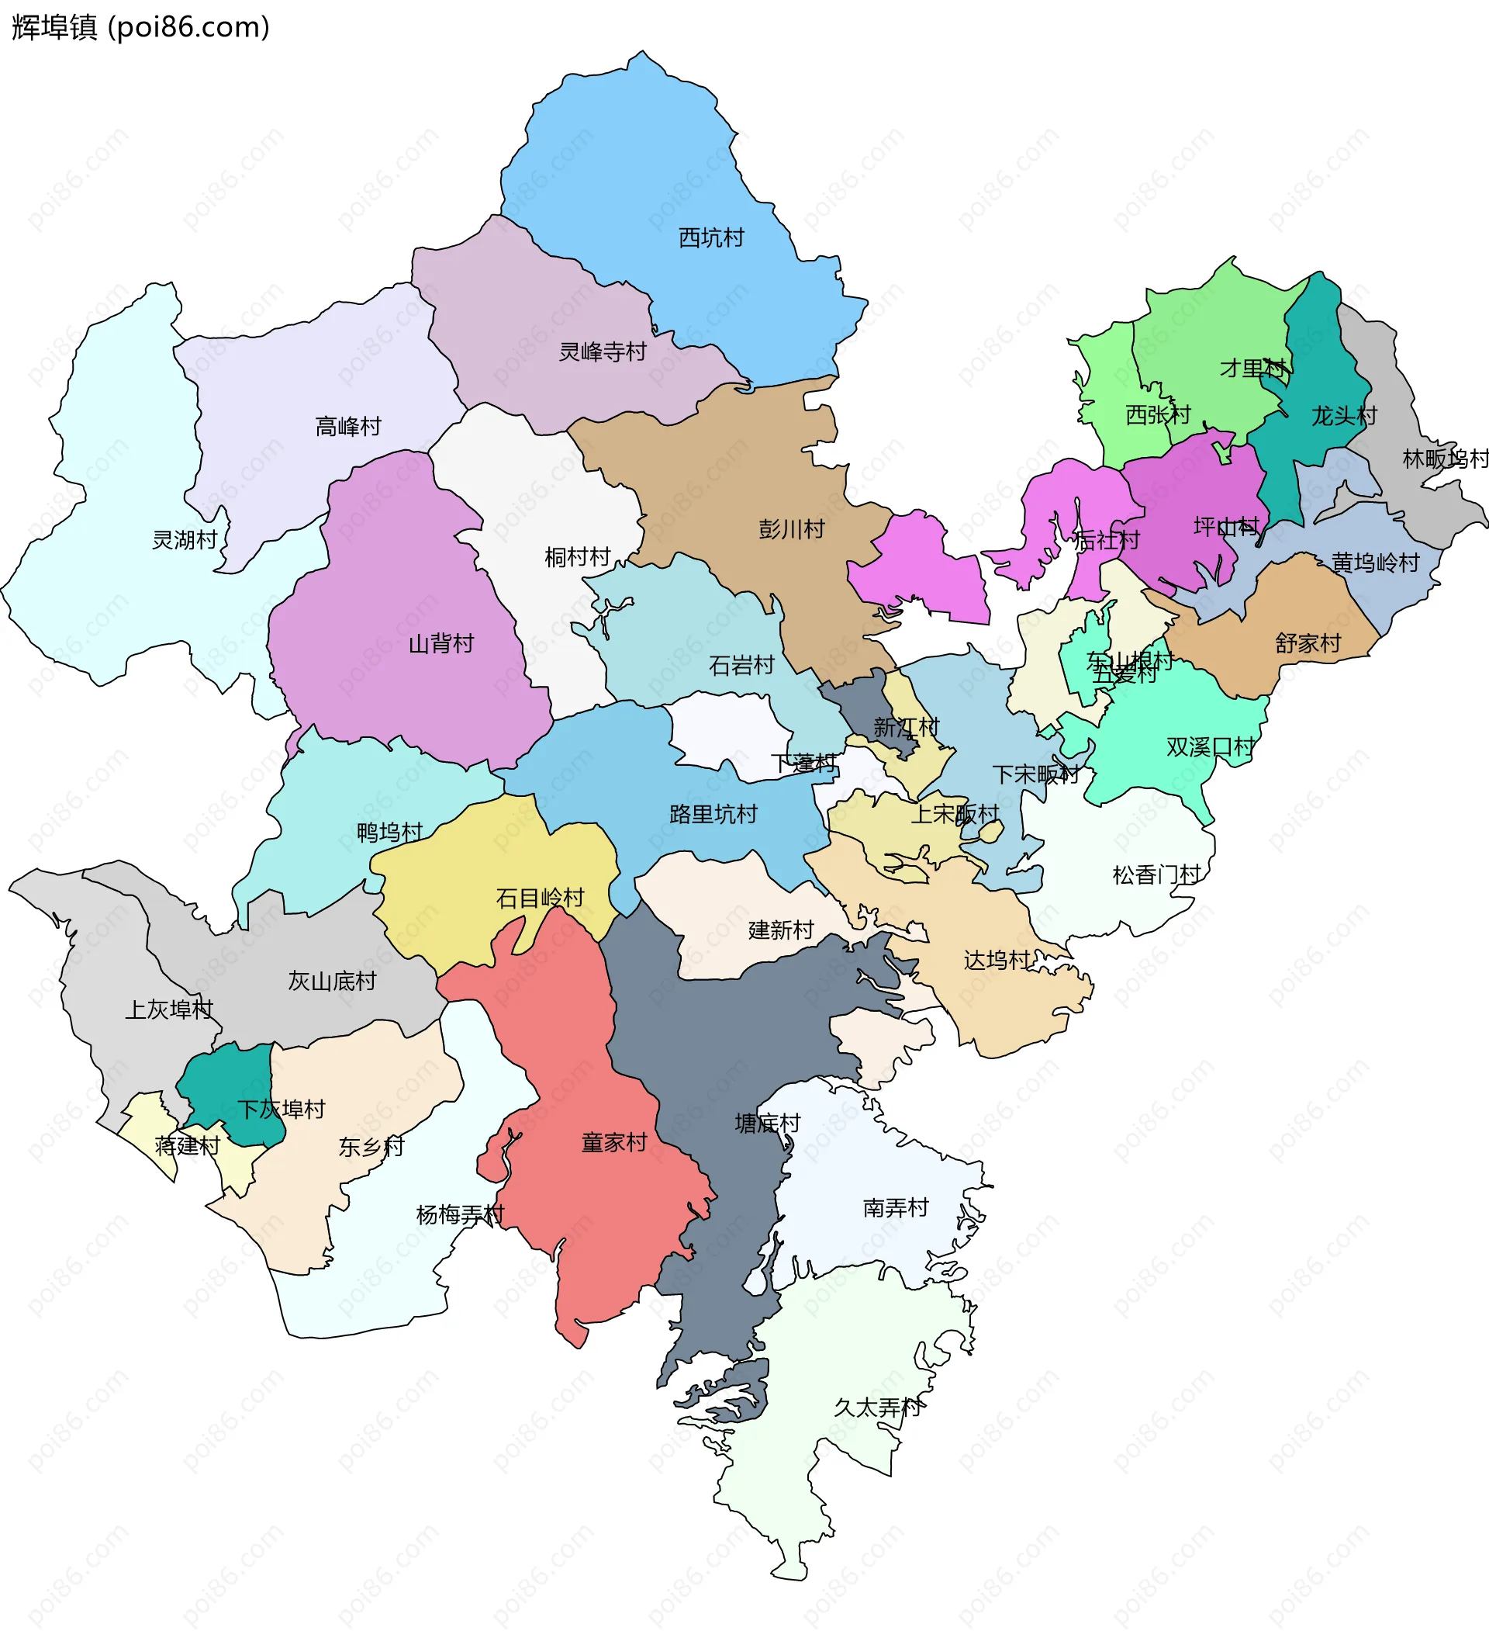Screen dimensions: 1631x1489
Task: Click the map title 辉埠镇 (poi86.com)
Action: click(x=140, y=27)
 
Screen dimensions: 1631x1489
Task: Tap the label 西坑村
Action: click(x=711, y=238)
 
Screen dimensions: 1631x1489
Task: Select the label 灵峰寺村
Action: click(x=603, y=352)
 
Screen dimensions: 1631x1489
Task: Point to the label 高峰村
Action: click(x=347, y=426)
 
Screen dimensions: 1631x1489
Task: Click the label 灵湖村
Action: click(x=185, y=539)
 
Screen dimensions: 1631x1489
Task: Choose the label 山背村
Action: click(x=440, y=644)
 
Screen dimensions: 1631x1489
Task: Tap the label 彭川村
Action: click(x=791, y=529)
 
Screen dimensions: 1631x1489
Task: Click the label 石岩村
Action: click(x=741, y=665)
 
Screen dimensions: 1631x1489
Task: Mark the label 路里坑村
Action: click(x=713, y=814)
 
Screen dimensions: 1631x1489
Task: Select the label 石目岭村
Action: click(x=540, y=898)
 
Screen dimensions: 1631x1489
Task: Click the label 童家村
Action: click(x=614, y=1142)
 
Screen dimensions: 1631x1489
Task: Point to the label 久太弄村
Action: click(x=878, y=1408)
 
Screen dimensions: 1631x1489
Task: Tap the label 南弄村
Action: click(x=896, y=1208)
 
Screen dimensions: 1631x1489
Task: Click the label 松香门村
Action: click(x=1156, y=874)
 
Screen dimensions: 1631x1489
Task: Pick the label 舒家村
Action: click(x=1308, y=643)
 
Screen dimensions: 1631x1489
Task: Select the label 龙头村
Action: click(x=1343, y=416)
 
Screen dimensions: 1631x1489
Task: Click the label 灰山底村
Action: click(x=333, y=982)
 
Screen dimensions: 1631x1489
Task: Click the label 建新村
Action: click(x=780, y=930)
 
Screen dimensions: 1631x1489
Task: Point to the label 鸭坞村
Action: click(x=390, y=833)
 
